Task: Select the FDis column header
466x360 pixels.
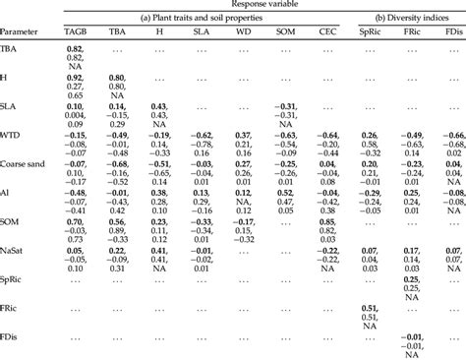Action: pyautogui.click(x=453, y=33)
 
